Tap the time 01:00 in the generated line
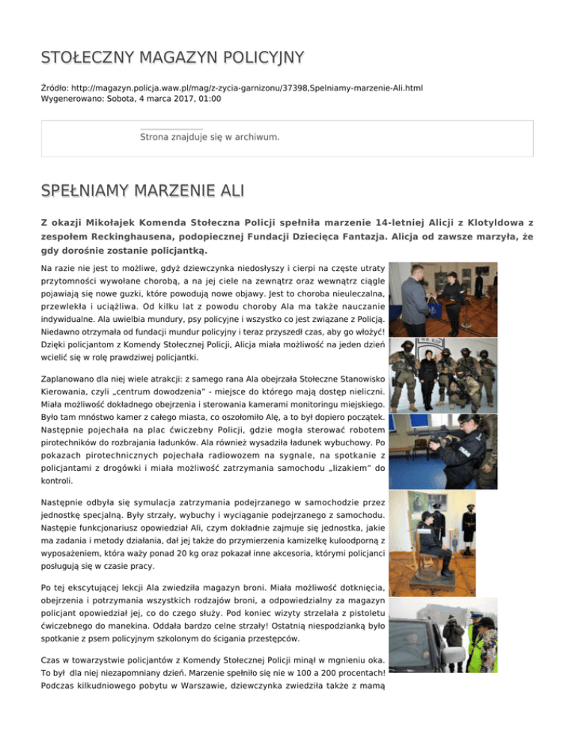(x=206, y=98)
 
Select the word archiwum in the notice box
(x=255, y=137)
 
